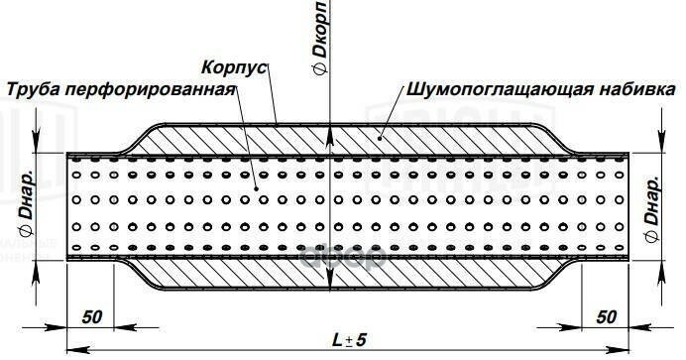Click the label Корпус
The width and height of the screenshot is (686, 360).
233,70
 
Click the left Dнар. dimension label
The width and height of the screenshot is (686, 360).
29,204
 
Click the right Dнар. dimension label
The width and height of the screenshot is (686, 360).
653,204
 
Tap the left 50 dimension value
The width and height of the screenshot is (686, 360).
92,317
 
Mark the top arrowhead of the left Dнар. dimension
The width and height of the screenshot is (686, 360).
36,149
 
